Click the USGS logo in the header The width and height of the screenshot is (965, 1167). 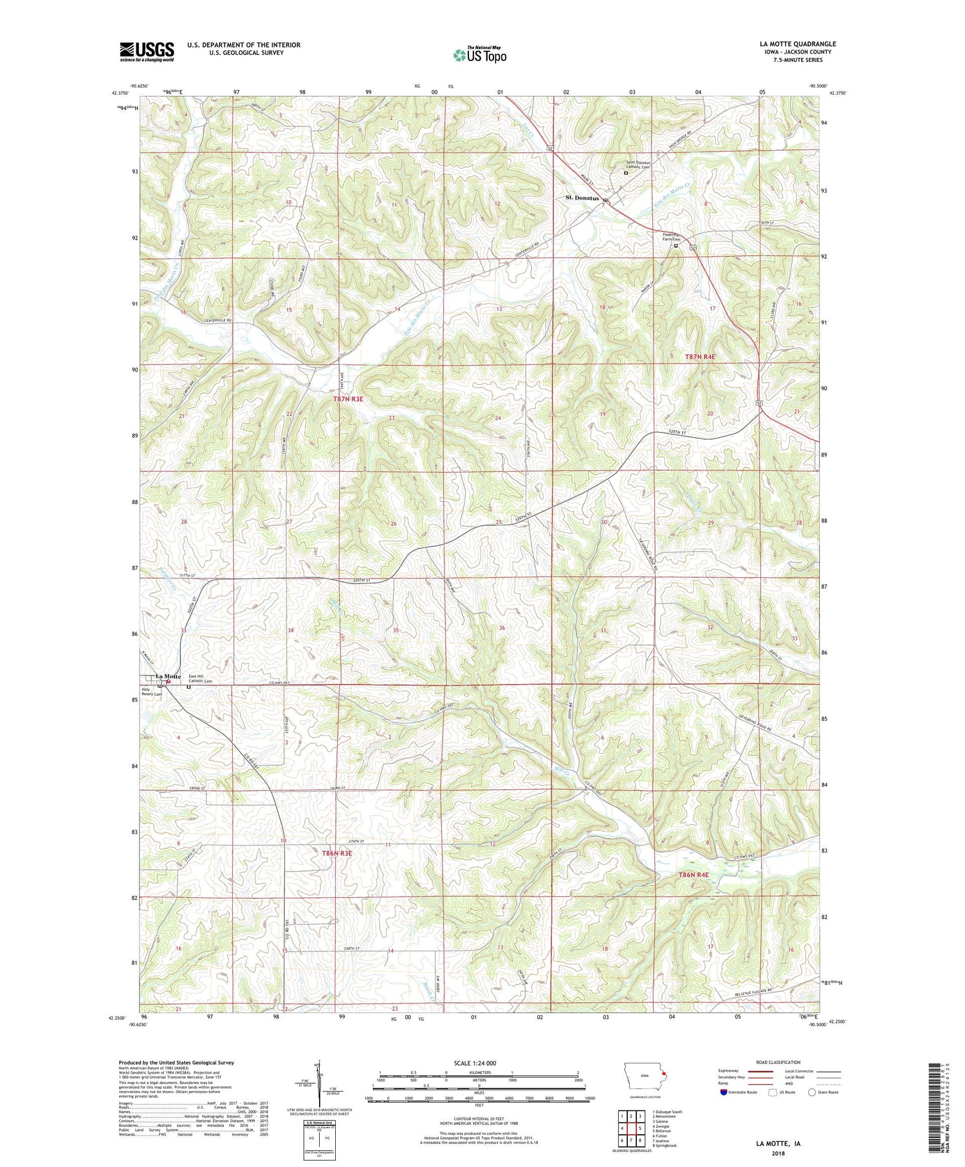point(147,51)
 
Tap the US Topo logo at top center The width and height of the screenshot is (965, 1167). point(479,55)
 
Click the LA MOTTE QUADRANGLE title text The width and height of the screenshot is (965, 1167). point(798,44)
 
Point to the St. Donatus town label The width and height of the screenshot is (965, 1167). point(582,198)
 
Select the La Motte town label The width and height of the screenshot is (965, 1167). point(168,677)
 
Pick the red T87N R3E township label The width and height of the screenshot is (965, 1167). point(348,399)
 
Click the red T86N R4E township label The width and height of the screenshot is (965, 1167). point(693,875)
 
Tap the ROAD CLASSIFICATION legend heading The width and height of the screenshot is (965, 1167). point(778,1062)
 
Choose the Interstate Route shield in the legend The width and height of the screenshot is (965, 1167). point(724,1092)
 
